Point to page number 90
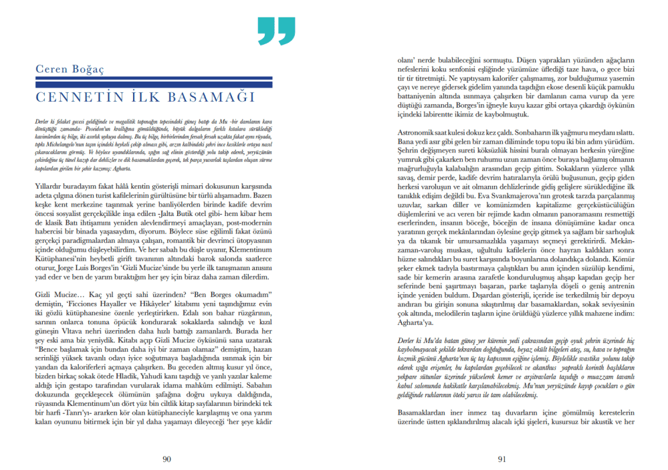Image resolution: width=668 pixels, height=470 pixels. click(167, 458)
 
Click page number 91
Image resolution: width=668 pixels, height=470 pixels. click(501, 458)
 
